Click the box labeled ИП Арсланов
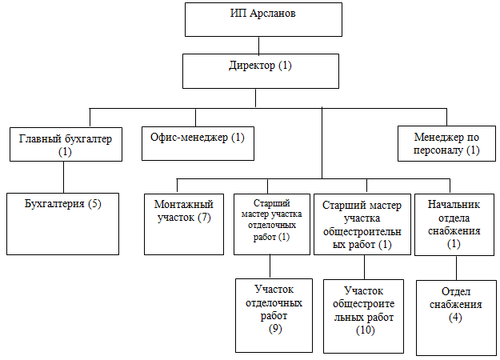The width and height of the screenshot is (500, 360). pos(263,19)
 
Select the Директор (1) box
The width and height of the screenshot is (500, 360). pos(261,71)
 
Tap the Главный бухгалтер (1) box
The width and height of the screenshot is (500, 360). pos(66,144)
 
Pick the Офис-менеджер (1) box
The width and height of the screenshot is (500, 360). pos(198,143)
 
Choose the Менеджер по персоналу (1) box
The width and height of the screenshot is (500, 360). pos(446,143)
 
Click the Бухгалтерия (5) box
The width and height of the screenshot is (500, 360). pos(63,224)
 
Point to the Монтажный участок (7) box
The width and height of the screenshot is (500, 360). pos(184,224)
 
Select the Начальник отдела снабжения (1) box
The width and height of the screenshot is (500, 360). pos(454,225)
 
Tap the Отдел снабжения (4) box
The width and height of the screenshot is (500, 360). pos(456,318)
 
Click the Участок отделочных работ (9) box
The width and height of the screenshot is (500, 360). pos(274,316)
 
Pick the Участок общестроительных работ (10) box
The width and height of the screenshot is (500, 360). pos(363,316)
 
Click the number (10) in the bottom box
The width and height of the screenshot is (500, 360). pos(366,330)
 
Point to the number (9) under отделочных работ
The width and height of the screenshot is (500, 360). pos(275,328)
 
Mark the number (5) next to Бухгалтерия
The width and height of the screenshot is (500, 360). pos(94,203)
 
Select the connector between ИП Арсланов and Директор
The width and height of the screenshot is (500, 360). pos(258,46)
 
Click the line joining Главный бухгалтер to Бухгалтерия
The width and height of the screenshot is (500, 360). pos(63,177)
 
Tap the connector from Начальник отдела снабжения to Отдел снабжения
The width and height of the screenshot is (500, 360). pos(456,268)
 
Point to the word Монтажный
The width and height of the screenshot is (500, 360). pos(184,204)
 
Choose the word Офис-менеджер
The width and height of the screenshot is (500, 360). pos(189,137)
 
